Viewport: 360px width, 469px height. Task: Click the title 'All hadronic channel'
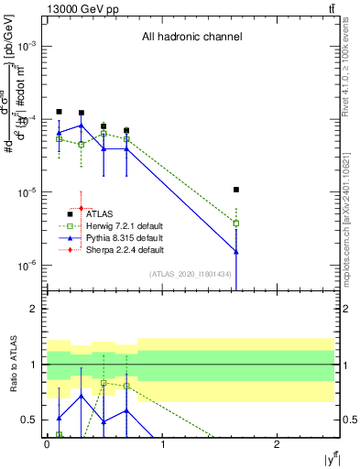click(x=191, y=38)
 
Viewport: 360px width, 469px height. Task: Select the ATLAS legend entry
click(x=100, y=213)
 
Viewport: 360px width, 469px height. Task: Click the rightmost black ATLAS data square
click(x=236, y=190)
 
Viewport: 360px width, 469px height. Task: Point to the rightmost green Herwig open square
click(x=236, y=223)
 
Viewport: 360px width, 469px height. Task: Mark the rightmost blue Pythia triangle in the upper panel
click(x=236, y=251)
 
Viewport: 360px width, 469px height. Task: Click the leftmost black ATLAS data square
click(x=60, y=112)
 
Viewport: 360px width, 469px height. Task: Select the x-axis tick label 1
click(x=162, y=443)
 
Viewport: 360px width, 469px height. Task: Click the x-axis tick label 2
click(x=278, y=443)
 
